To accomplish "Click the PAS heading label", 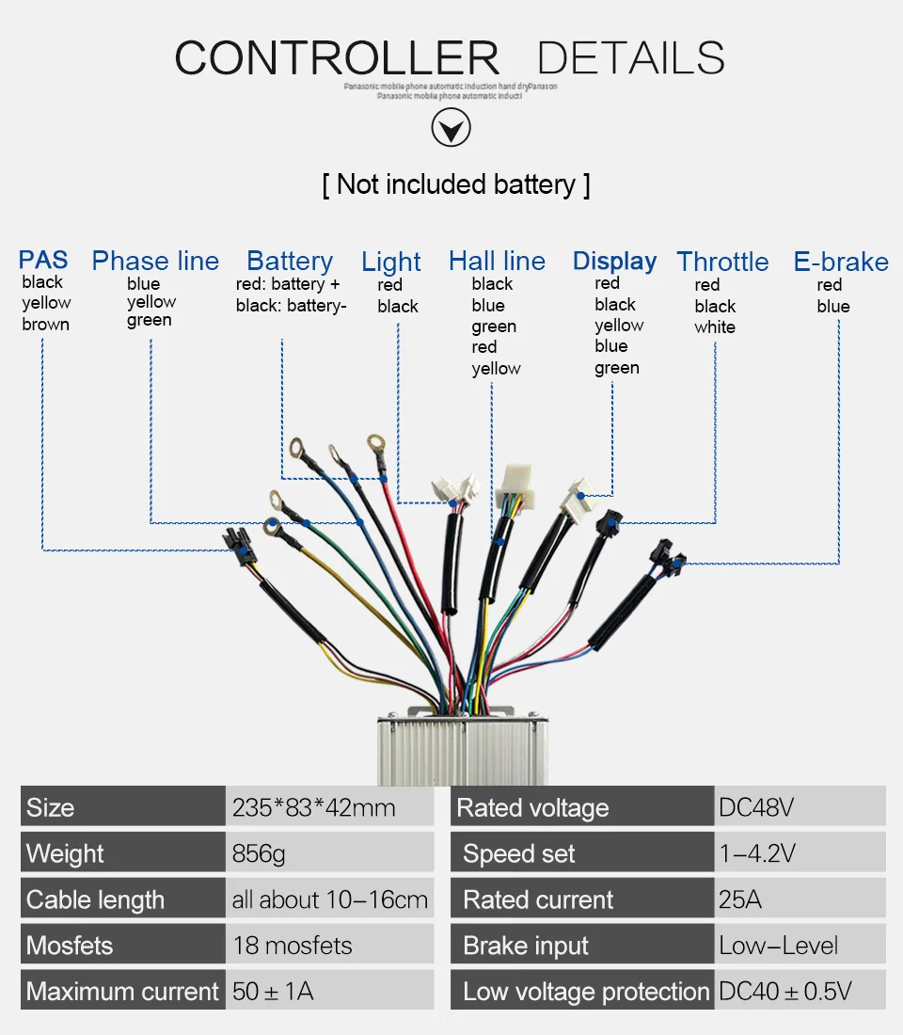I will [43, 260].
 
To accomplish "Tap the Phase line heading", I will [155, 261].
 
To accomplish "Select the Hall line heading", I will [497, 261].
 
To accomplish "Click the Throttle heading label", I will [722, 262].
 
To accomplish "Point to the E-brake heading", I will [841, 262].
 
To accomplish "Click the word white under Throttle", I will [715, 327].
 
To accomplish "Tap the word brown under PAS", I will [46, 325].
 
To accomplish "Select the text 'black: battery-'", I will [292, 305].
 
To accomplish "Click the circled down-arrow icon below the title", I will [451, 128].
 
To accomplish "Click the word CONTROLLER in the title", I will [337, 58].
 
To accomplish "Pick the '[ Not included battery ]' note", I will [456, 183].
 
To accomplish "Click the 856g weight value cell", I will [259, 854].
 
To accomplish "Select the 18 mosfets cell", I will [293, 946].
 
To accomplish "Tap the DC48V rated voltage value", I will [756, 807].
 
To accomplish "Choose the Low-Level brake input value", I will [779, 946].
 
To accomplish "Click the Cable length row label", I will [95, 900].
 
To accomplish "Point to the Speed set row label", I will [518, 854].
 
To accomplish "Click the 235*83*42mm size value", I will [314, 807].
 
